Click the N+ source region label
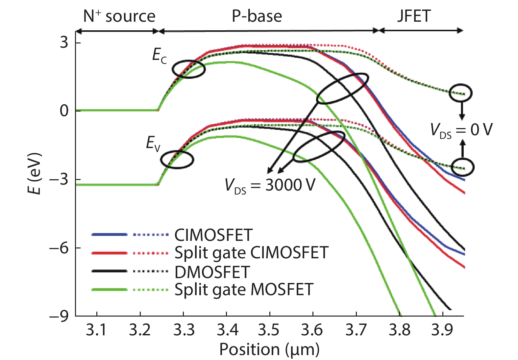click(x=119, y=16)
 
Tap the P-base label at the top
click(x=257, y=16)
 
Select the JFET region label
click(x=413, y=16)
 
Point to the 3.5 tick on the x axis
click(x=269, y=330)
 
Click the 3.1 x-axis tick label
click(x=96, y=330)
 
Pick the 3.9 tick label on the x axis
click(x=442, y=330)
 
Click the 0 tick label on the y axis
click(x=64, y=111)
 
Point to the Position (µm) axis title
click(x=269, y=349)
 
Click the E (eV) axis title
click(x=35, y=173)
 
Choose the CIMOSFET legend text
click(x=213, y=235)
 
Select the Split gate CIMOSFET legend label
click(x=251, y=253)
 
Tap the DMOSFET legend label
click(x=212, y=272)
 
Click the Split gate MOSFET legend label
click(x=244, y=290)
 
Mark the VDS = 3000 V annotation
click(x=270, y=185)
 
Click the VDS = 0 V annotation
click(x=461, y=130)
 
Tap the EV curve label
click(x=153, y=144)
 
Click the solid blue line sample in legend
click(x=109, y=235)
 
